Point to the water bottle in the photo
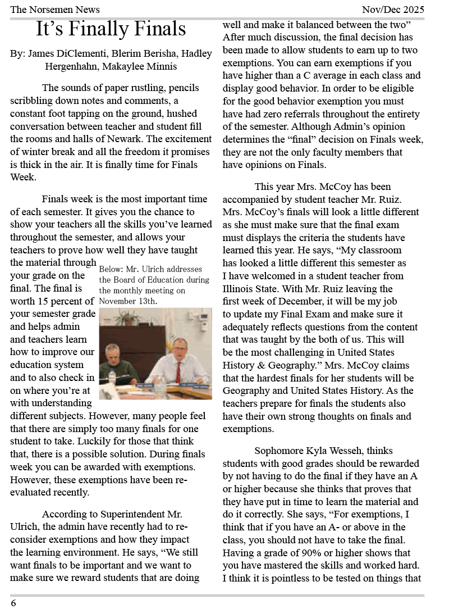pyautogui.click(x=112, y=377)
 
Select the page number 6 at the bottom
pyautogui.click(x=13, y=603)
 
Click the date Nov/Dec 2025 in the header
pyautogui.click(x=393, y=9)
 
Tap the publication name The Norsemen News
pyautogui.click(x=55, y=9)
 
